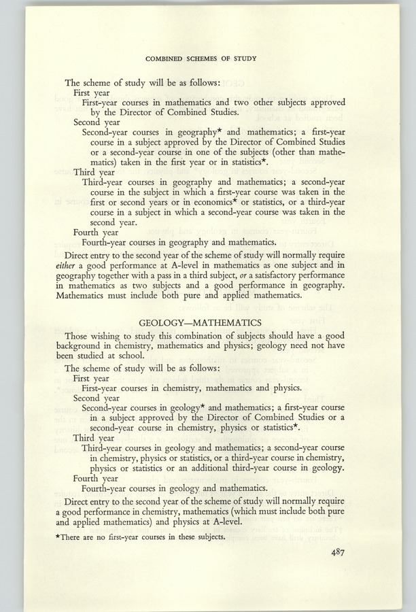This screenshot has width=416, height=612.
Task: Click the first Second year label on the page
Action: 94,122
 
